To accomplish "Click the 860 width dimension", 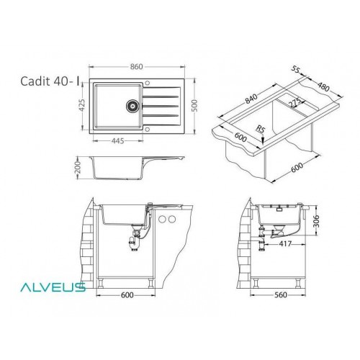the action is [x=137, y=66].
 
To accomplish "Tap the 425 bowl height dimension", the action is [x=82, y=105].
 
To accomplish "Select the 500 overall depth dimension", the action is [x=194, y=105].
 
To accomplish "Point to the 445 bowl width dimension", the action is [x=118, y=141].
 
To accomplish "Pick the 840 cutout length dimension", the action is [x=251, y=99].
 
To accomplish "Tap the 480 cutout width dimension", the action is [x=323, y=86].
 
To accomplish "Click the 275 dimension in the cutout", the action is [x=295, y=102].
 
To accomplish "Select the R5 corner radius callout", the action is [x=260, y=130].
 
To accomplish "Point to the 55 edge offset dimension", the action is [x=296, y=69].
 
